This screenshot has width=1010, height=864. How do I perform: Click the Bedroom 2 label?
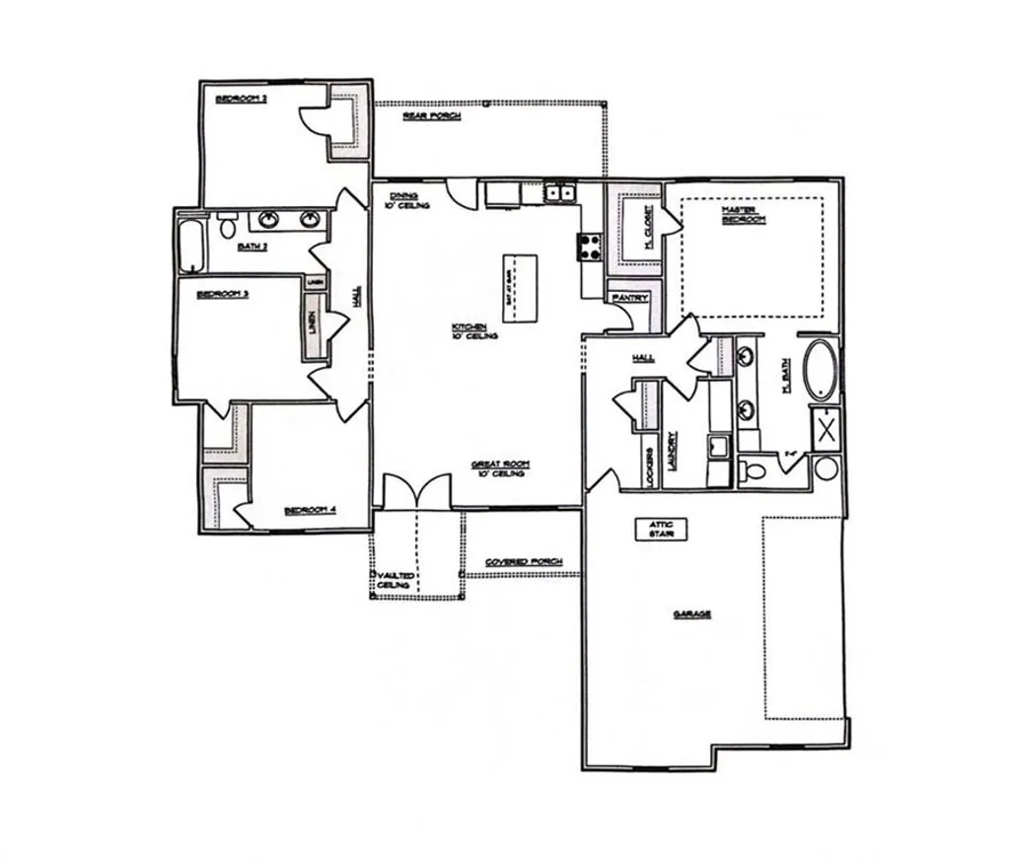point(242,99)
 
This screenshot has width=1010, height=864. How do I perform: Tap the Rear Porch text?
point(431,116)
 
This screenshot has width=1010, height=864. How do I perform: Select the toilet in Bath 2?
point(228,226)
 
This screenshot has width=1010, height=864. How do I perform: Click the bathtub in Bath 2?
point(191,246)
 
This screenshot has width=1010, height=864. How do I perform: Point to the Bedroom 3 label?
point(222,294)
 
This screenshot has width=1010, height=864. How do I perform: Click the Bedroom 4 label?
point(311,510)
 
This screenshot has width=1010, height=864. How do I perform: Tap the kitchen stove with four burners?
point(590,247)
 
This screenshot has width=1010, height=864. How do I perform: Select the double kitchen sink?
point(561,193)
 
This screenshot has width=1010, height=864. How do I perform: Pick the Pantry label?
point(628,297)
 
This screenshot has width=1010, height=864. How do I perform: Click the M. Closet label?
point(650,226)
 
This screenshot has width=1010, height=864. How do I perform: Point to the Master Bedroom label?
point(744,214)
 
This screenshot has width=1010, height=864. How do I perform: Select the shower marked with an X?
point(825,429)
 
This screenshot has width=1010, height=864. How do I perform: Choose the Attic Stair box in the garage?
point(661,529)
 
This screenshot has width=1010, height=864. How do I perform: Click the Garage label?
point(692,614)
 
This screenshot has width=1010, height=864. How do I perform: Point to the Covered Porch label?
point(524,562)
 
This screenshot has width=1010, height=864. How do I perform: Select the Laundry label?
point(672,449)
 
